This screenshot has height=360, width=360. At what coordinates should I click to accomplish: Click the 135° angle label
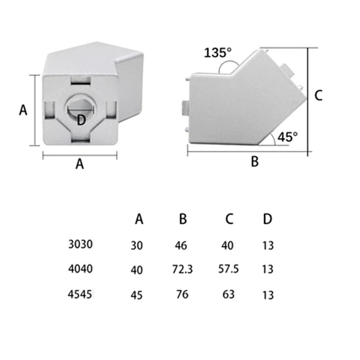click(x=218, y=53)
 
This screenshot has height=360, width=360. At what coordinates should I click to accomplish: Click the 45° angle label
click(x=288, y=137)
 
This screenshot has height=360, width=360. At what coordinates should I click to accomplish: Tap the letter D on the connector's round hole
click(x=81, y=120)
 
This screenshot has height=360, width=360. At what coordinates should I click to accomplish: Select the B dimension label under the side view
click(x=255, y=161)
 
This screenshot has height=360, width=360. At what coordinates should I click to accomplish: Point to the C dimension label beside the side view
click(x=318, y=95)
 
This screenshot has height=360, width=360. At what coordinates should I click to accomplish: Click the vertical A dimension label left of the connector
click(x=23, y=110)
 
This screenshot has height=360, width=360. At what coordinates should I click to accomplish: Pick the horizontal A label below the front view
click(x=80, y=164)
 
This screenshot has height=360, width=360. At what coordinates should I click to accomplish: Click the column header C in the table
click(x=229, y=219)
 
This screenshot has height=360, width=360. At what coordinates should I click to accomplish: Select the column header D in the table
click(x=267, y=219)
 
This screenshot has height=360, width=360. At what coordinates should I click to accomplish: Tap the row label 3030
click(x=80, y=244)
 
